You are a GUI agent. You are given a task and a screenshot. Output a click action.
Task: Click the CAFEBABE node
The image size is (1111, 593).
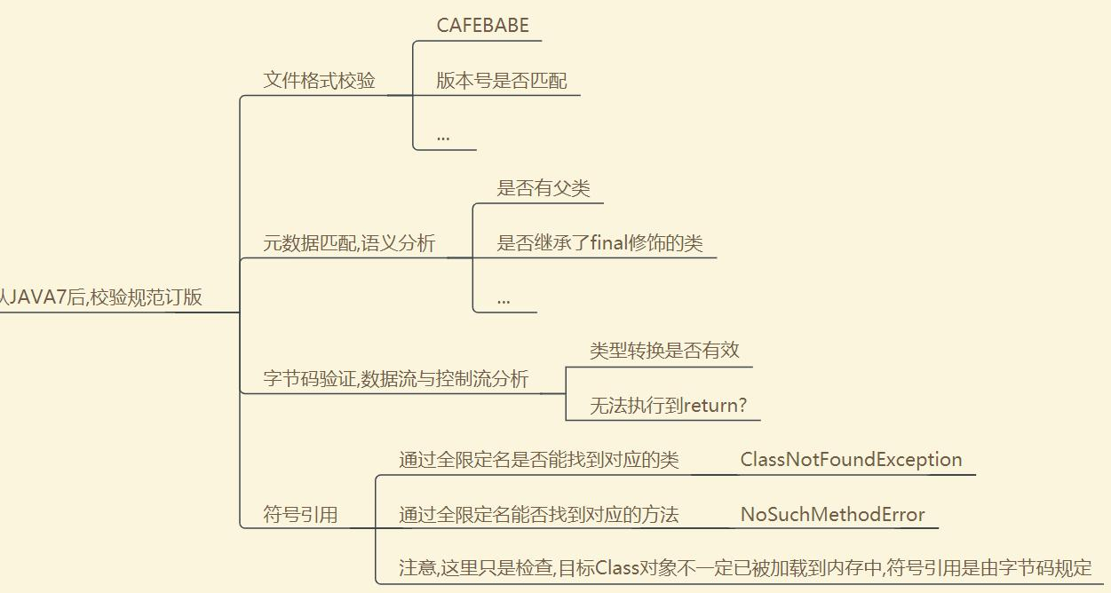482,26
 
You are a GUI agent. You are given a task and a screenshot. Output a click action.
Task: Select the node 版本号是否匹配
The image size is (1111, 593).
501,81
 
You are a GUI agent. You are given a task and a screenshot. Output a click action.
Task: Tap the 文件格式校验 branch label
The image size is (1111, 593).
319,81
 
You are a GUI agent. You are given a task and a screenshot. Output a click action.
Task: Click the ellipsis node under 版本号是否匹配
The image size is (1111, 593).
443,136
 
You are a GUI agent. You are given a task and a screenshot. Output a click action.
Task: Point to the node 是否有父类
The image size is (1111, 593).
543,188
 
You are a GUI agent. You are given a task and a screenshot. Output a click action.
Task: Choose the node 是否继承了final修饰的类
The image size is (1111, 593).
599,243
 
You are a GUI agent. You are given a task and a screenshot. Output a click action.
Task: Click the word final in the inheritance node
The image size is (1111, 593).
609,243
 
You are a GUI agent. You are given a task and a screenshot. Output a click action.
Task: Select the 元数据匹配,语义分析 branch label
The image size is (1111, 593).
349,243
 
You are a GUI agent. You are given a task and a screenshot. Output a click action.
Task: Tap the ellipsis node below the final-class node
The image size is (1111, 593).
504,299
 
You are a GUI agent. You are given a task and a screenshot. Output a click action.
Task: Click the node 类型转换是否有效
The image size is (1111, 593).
664,350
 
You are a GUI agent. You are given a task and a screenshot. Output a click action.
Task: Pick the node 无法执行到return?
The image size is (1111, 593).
668,406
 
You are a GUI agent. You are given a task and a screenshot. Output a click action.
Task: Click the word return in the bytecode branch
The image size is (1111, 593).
710,406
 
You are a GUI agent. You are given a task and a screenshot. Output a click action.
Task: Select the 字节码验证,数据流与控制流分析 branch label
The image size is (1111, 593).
396,379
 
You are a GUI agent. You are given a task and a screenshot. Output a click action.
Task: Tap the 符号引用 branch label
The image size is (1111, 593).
300,515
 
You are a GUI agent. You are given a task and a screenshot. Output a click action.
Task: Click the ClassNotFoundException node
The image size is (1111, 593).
851,460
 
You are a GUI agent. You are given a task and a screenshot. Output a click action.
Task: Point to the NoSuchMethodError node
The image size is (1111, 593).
832,515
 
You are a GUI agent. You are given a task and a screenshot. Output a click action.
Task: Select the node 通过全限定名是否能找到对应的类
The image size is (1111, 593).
538,460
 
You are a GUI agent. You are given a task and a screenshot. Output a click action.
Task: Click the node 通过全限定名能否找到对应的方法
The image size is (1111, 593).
538,515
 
